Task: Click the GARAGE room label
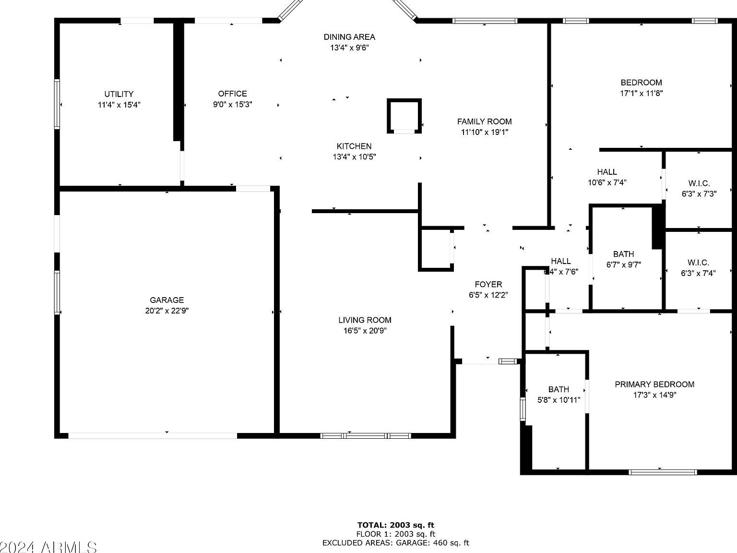tap(166, 300)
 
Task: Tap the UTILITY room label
tap(119, 94)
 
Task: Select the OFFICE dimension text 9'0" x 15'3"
tap(233, 105)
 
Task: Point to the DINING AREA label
tap(349, 37)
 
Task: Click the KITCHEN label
tap(354, 146)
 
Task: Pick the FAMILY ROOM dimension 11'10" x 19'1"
tap(484, 132)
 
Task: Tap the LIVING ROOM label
tap(365, 320)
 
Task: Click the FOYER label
tap(488, 284)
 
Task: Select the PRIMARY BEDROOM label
tap(654, 384)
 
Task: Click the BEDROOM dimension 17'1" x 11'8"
tap(641, 94)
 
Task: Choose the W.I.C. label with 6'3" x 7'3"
tap(699, 183)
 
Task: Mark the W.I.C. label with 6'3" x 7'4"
tap(698, 263)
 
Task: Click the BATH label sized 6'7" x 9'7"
tap(623, 254)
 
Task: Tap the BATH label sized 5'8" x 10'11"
tap(559, 389)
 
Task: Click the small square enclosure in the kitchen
tap(404, 116)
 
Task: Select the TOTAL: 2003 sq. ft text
tap(395, 525)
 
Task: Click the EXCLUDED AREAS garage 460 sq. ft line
tap(395, 543)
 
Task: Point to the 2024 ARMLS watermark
tap(48, 547)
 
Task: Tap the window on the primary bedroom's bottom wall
tap(662, 472)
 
